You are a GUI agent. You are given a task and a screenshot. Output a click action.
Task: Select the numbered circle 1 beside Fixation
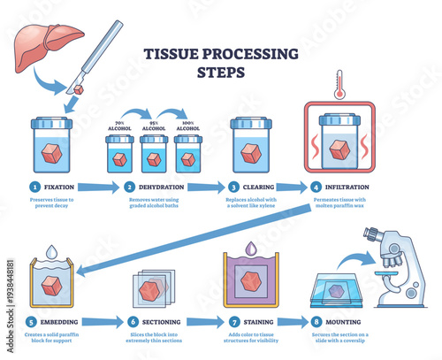33,188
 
